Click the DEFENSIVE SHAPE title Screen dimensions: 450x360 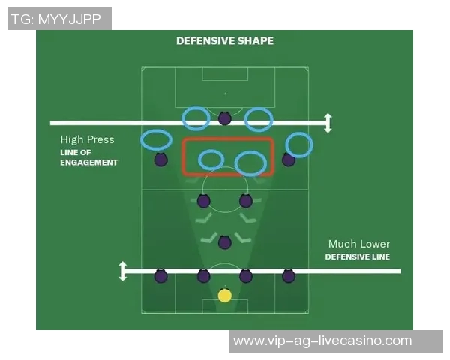[x=225, y=41]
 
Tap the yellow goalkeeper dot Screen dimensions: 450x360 [x=225, y=295]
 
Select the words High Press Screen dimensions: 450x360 [x=87, y=139]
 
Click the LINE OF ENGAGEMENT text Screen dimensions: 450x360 [x=88, y=157]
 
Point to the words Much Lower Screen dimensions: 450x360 [x=359, y=244]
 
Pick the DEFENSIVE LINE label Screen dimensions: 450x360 [x=358, y=256]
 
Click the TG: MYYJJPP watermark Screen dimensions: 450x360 [x=56, y=19]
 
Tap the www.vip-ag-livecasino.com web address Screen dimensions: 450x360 [x=322, y=340]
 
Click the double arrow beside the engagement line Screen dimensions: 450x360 [x=328, y=123]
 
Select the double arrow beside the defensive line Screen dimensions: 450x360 [x=123, y=271]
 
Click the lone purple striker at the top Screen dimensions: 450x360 [x=225, y=118]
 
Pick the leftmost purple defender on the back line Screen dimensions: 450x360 [x=160, y=276]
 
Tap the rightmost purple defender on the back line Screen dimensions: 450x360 [x=289, y=276]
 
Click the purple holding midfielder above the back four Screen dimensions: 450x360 [x=225, y=242]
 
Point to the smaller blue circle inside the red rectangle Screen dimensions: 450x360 [x=211, y=160]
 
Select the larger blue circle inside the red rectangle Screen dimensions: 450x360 [x=250, y=163]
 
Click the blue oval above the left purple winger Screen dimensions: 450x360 [x=156, y=139]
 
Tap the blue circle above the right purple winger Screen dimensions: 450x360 [x=299, y=145]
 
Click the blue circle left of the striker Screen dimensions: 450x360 [x=196, y=118]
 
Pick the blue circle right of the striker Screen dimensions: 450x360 [x=259, y=119]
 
